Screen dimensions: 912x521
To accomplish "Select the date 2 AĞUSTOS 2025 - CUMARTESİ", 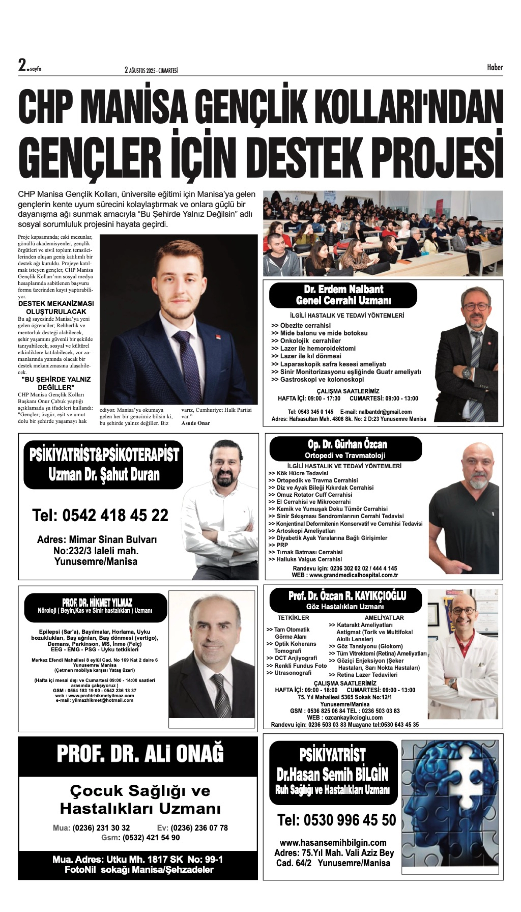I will (151, 70).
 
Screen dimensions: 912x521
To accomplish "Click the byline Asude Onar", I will (196, 423).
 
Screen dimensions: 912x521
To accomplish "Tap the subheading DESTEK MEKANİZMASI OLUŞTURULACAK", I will (56, 307).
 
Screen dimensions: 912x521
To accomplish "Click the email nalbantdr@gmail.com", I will (376, 412).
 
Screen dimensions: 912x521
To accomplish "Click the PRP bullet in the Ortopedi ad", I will (282, 545).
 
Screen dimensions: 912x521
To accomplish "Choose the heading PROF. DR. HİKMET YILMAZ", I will (97, 602).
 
